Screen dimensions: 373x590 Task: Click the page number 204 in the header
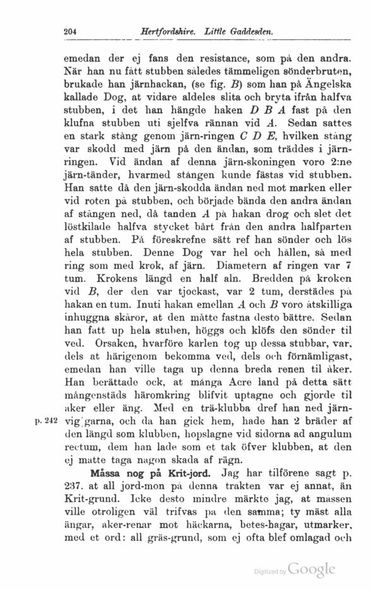tap(71, 31)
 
